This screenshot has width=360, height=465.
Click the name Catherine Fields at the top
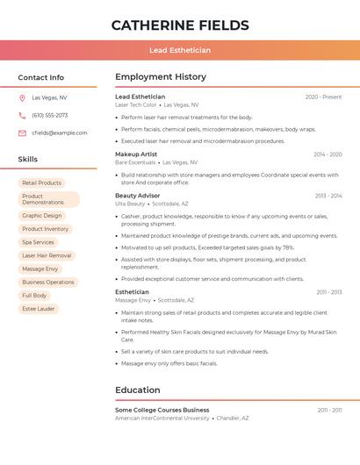click(180, 25)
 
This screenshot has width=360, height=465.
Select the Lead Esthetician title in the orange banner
click(180, 51)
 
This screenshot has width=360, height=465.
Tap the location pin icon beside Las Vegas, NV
click(22, 97)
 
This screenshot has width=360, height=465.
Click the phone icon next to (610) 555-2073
click(22, 115)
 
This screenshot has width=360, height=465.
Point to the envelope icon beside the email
click(22, 133)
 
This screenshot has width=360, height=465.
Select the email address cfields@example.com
click(59, 133)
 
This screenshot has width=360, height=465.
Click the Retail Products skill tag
click(41, 183)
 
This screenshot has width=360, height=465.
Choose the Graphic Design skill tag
click(42, 215)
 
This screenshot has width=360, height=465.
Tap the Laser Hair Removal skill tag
click(47, 255)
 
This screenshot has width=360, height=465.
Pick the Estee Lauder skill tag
click(39, 309)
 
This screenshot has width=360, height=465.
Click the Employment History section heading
click(161, 77)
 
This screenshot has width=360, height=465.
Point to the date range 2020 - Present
click(323, 97)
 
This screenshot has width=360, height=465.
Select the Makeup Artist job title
click(136, 154)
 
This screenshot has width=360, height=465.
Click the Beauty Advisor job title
click(138, 196)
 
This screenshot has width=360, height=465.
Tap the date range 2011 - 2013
click(329, 292)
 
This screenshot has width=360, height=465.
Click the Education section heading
click(138, 390)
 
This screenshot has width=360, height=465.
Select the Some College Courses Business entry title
click(162, 410)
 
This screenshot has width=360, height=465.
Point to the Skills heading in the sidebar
click(28, 159)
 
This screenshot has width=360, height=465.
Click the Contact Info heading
click(41, 77)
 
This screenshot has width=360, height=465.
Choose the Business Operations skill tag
click(48, 283)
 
